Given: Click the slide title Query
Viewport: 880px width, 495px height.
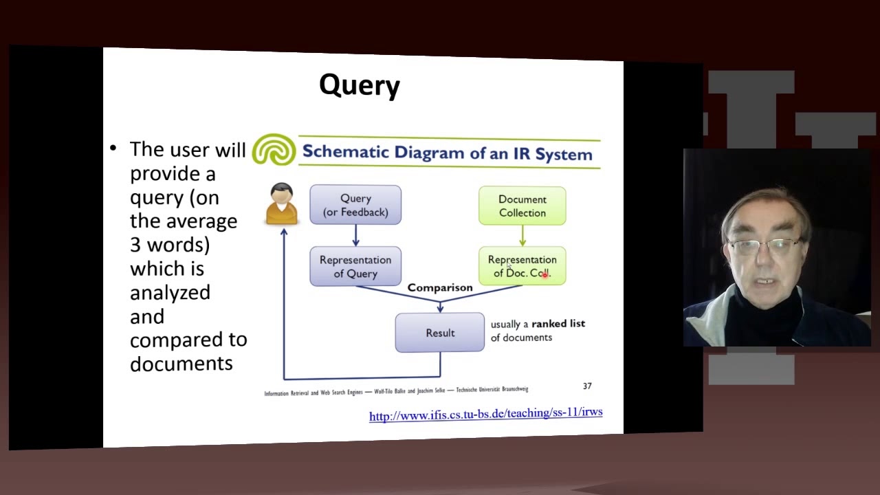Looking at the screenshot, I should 359,85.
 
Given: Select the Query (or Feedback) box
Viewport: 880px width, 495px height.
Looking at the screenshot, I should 355,205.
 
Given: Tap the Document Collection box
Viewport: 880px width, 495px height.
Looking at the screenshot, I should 522,206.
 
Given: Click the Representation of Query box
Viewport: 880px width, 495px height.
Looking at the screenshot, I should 355,266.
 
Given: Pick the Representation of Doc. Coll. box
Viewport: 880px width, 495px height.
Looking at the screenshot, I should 522,266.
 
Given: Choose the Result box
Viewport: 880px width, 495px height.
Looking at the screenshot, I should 440,333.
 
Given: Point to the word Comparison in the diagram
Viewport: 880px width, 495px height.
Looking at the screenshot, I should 440,287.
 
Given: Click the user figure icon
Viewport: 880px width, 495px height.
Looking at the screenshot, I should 282,204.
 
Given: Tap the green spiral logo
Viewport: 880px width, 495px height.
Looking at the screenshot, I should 274,150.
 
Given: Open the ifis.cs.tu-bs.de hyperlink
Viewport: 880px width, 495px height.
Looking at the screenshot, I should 485,414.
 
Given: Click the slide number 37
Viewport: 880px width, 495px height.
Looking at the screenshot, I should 587,386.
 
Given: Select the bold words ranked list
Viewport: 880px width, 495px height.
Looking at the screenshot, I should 558,323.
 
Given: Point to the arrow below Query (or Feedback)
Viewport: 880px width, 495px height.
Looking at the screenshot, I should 355,236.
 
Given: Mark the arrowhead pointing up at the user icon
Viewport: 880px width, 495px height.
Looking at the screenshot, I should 284,232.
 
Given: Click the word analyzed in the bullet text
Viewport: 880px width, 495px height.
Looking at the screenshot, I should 170,292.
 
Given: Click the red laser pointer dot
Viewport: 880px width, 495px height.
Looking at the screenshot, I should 544,275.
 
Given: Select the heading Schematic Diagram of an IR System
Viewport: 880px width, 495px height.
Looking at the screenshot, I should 447,153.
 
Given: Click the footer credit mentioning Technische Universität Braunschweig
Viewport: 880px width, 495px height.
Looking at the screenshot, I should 492,390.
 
